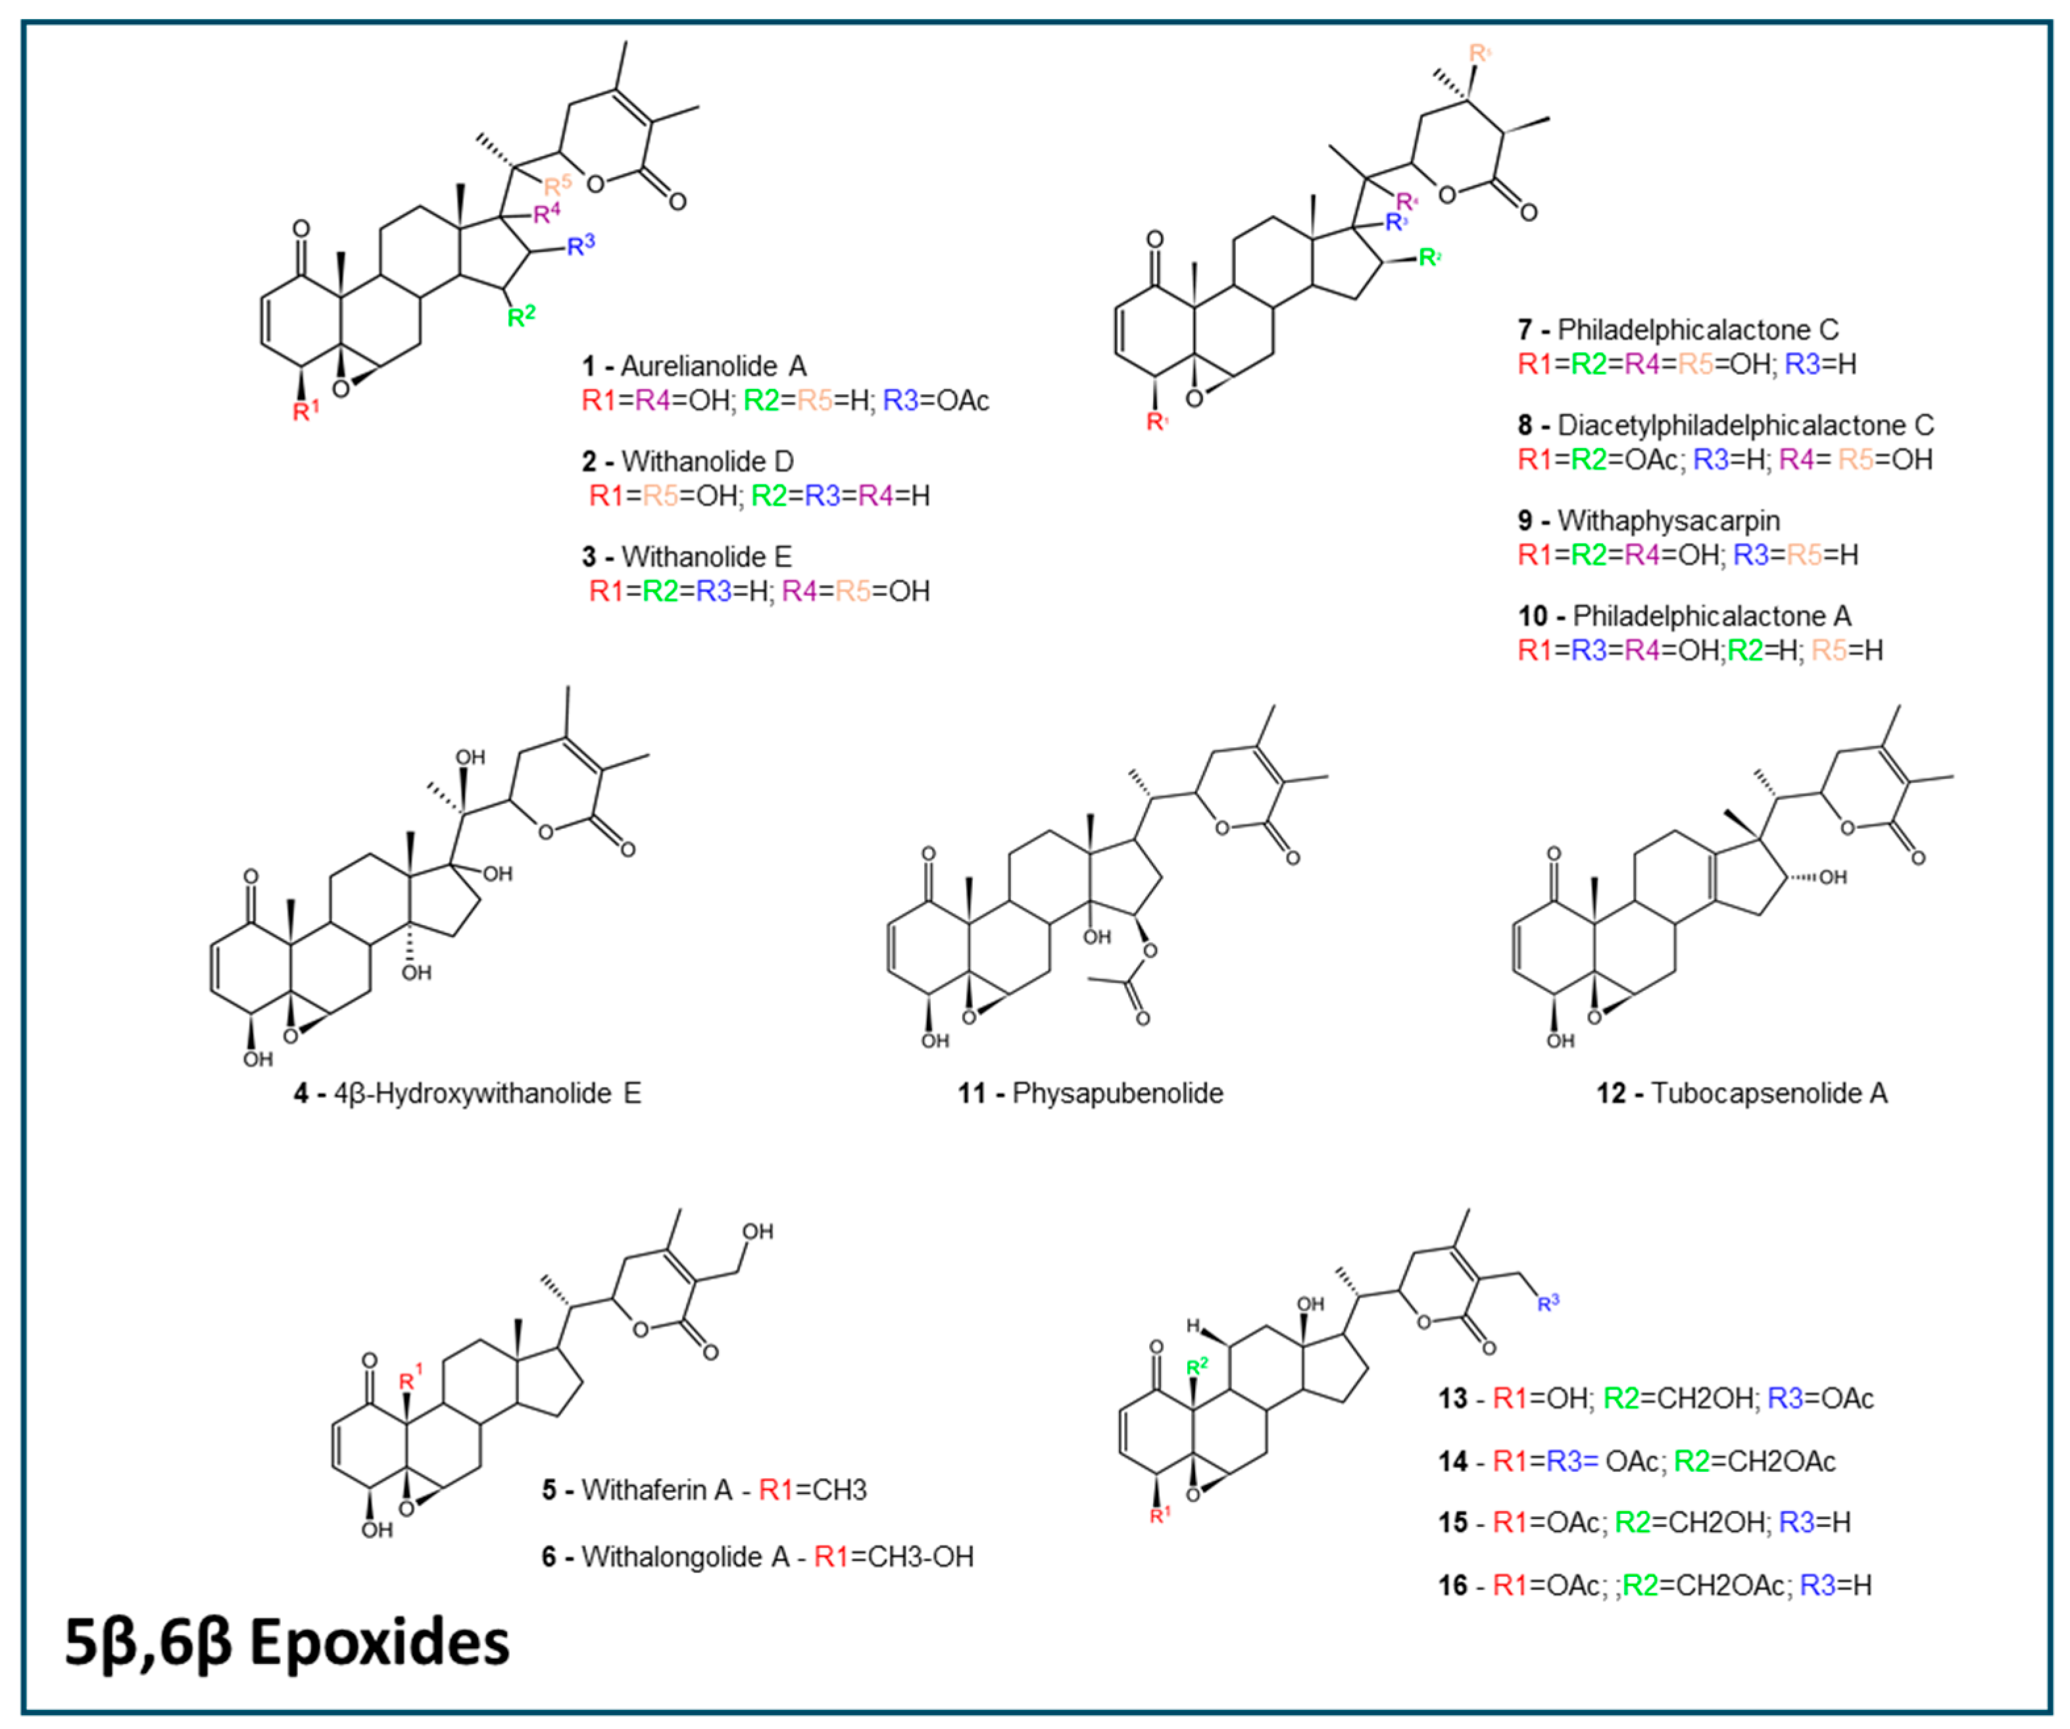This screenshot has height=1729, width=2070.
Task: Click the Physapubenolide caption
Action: tap(1117, 1093)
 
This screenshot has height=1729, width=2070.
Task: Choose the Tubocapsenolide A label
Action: tap(1769, 1093)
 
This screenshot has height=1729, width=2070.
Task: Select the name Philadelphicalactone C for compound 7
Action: tap(1698, 329)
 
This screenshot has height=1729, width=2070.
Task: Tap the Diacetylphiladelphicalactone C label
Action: tap(1744, 425)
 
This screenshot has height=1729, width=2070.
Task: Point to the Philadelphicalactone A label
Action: tap(1712, 616)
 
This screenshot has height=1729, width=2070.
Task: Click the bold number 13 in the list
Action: tap(1453, 1398)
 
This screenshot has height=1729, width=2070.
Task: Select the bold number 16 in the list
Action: tap(1453, 1585)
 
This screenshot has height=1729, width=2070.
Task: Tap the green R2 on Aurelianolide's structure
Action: tap(520, 316)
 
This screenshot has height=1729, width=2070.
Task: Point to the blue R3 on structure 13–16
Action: tap(1548, 1302)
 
